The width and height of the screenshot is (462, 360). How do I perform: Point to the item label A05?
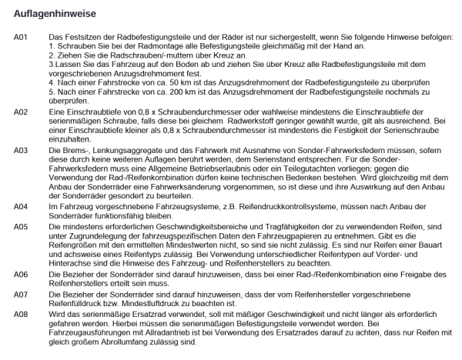click(x=21, y=227)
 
